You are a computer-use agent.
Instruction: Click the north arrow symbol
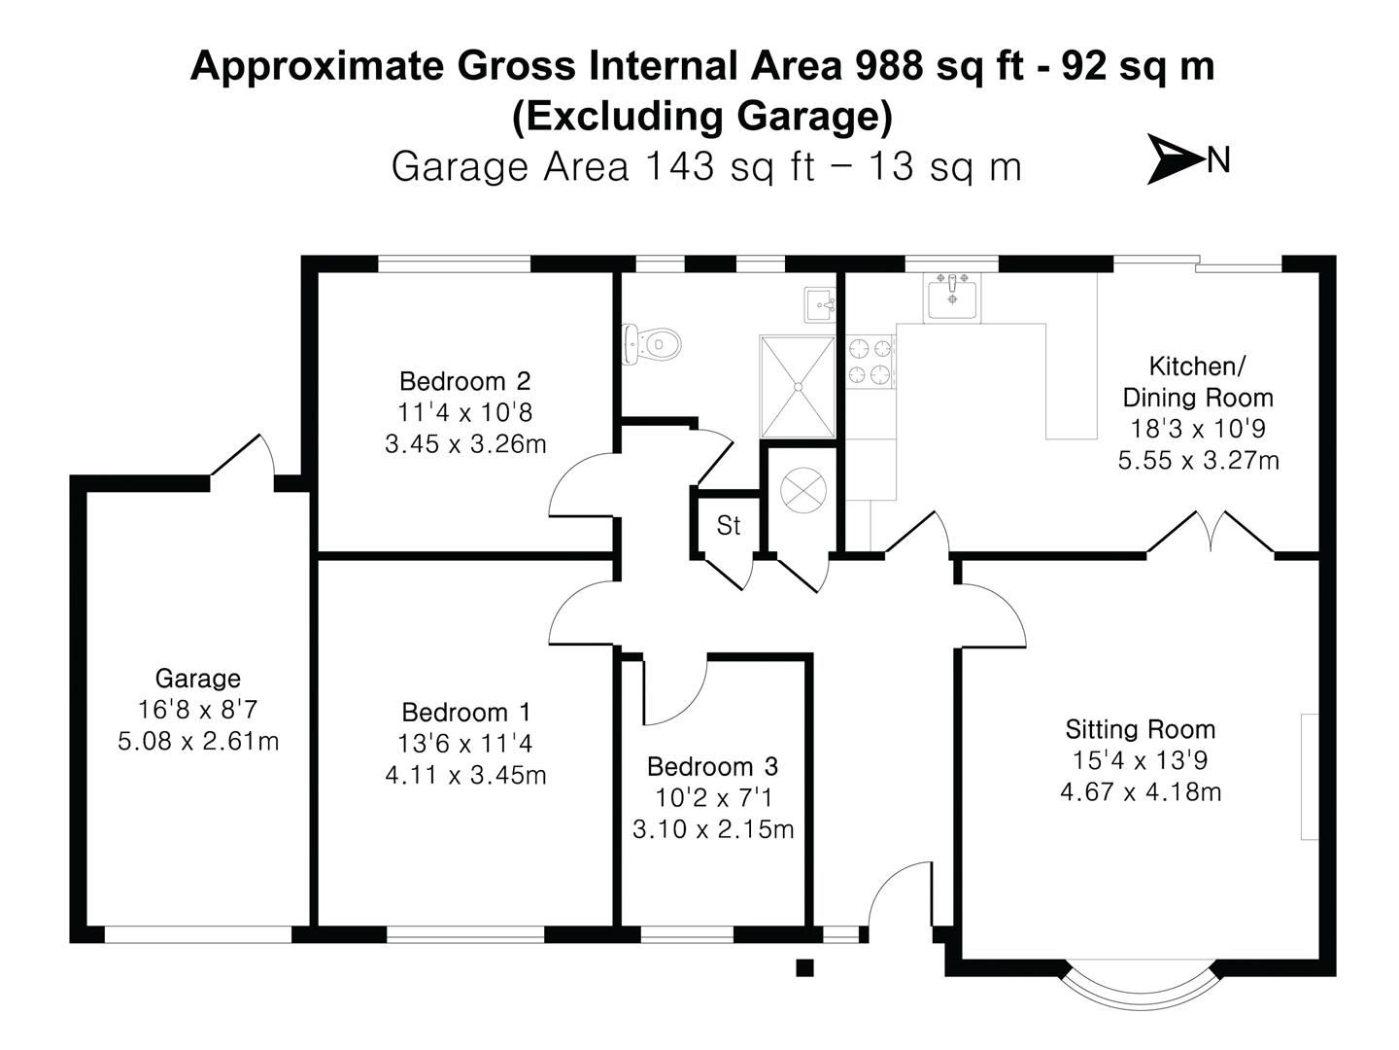[x=1176, y=158]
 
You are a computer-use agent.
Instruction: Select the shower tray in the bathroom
[x=797, y=386]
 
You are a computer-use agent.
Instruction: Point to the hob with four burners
[x=870, y=361]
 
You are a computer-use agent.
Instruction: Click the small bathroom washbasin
[x=820, y=304]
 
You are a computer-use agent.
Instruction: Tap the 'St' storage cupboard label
[x=728, y=526]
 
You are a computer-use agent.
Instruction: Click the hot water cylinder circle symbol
[x=802, y=489]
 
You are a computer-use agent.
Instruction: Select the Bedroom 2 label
[x=464, y=380]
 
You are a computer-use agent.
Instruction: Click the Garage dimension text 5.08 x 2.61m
[x=198, y=742]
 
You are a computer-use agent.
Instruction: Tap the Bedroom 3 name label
[x=712, y=766]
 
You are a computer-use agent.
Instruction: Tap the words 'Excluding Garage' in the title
[x=701, y=117]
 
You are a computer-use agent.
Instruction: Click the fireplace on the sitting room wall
[x=1309, y=776]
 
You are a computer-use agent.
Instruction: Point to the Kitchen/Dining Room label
[x=1197, y=381]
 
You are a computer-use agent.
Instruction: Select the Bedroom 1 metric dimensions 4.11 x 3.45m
[x=465, y=776]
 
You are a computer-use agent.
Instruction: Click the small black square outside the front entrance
[x=803, y=967]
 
